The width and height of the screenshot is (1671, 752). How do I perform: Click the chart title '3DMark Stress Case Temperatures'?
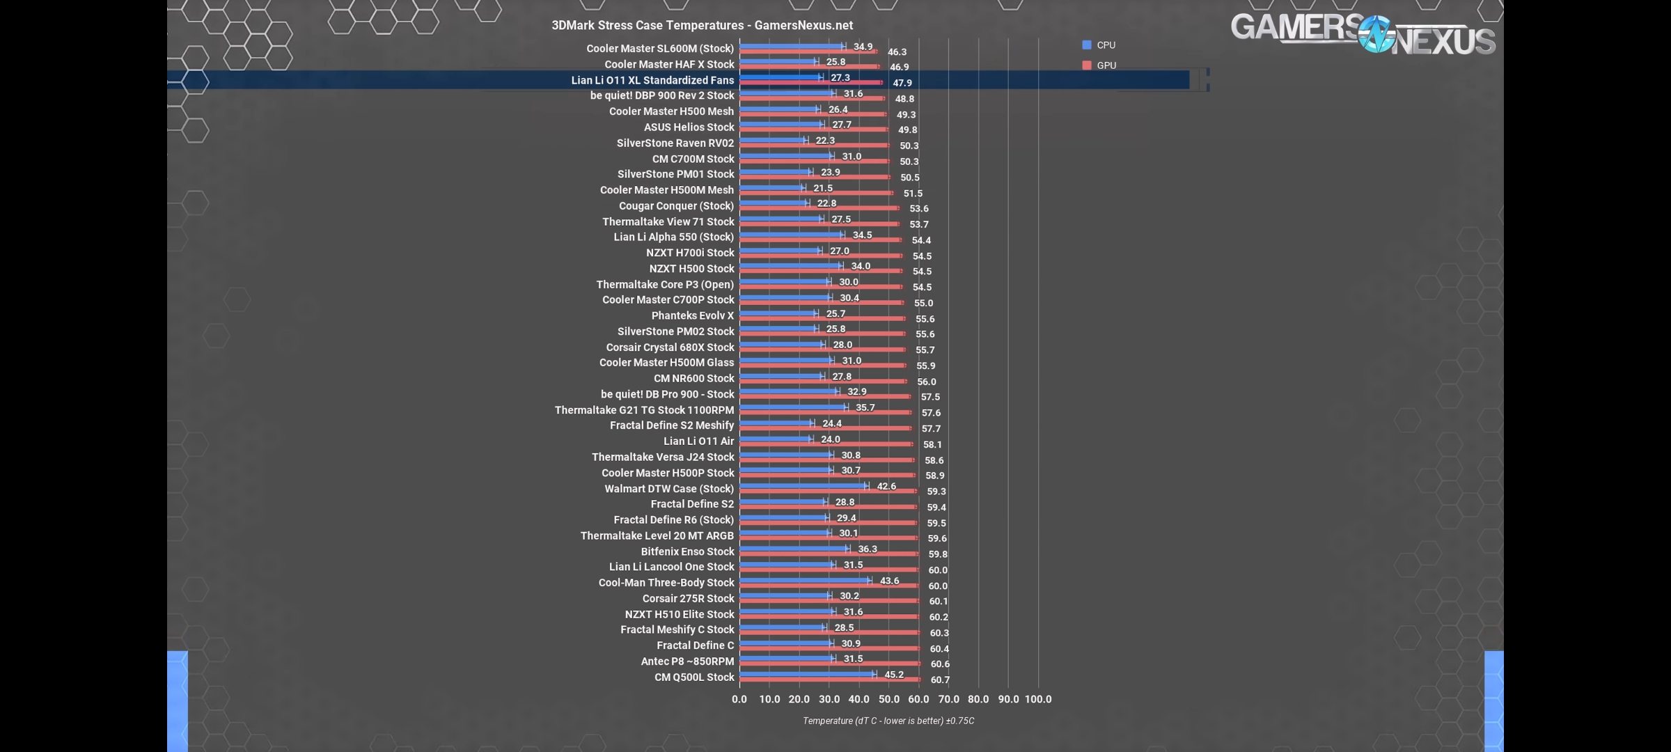[x=702, y=25]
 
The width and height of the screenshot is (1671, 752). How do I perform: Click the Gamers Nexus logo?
[x=1363, y=33]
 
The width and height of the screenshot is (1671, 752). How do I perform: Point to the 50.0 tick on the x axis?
[x=888, y=699]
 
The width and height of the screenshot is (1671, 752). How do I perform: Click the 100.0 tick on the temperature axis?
[x=1037, y=699]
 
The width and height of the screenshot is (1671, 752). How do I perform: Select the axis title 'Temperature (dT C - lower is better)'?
[x=888, y=721]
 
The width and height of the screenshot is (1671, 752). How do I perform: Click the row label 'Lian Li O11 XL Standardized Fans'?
[x=652, y=80]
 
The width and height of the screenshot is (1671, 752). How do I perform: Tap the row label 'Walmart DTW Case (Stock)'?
[x=668, y=489]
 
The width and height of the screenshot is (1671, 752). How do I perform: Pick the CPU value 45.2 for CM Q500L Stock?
[x=893, y=675]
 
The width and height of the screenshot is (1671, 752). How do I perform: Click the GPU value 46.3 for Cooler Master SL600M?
[x=897, y=52]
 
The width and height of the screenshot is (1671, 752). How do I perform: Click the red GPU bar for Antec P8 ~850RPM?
[x=829, y=664]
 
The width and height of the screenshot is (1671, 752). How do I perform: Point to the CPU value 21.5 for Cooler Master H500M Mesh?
[x=822, y=188]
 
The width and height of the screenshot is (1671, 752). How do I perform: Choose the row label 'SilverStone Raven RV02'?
[x=675, y=143]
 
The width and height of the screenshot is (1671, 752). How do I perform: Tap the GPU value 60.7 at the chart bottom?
[x=939, y=680]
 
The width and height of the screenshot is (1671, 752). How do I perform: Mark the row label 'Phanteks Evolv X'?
[x=692, y=315]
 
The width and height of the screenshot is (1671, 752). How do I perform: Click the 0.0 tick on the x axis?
[x=739, y=699]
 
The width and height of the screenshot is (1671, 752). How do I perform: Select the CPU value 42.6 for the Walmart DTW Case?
[x=886, y=486]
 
